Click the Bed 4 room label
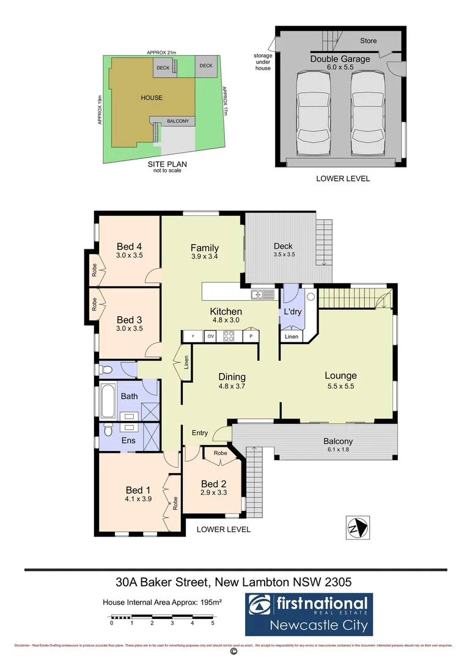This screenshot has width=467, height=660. [129, 246]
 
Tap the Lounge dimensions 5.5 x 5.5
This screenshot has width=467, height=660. [340, 386]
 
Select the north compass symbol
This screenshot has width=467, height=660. [357, 527]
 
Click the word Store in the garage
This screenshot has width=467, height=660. [368, 41]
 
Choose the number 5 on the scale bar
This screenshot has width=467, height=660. [213, 623]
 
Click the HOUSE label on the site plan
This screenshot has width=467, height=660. [152, 98]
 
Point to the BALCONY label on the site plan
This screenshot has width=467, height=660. [177, 121]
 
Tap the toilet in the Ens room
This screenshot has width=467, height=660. [108, 431]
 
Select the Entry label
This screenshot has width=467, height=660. [200, 433]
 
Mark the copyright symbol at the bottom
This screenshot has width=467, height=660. [233, 652]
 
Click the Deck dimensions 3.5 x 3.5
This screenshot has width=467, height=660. [284, 254]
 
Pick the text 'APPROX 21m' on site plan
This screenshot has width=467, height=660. [162, 53]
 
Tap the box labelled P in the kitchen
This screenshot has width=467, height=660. [251, 335]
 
